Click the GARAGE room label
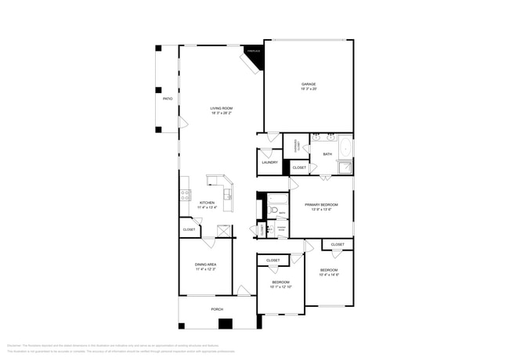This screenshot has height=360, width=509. [309, 84]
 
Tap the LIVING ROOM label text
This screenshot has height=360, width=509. [221, 108]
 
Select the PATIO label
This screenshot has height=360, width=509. [167, 99]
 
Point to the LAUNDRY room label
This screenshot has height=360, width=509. [269, 162]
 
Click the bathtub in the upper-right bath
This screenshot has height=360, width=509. [345, 147]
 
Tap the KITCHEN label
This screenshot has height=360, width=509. [207, 203]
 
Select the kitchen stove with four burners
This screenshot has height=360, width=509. [186, 195]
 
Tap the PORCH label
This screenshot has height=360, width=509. [217, 309]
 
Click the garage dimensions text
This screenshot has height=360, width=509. [309, 89]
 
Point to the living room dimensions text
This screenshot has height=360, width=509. [221, 113]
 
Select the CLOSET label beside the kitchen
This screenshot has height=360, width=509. [189, 229]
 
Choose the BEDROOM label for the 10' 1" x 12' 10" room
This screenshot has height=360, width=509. [281, 282]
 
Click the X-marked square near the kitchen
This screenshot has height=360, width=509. [224, 229]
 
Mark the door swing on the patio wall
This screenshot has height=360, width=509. [183, 123]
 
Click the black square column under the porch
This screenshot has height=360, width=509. [226, 323]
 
